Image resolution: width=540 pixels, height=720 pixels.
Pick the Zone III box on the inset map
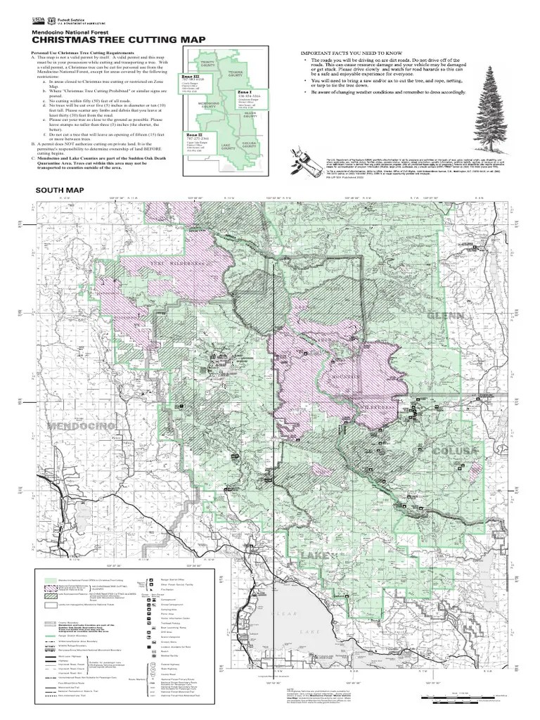click(192, 82)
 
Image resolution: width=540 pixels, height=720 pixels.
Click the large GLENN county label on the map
click(446, 317)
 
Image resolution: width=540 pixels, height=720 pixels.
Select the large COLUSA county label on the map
click(455, 451)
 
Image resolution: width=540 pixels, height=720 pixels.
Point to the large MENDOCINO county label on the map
click(82, 427)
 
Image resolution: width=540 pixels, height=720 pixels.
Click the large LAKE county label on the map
click(314, 556)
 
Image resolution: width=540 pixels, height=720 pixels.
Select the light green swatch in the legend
click(51, 579)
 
